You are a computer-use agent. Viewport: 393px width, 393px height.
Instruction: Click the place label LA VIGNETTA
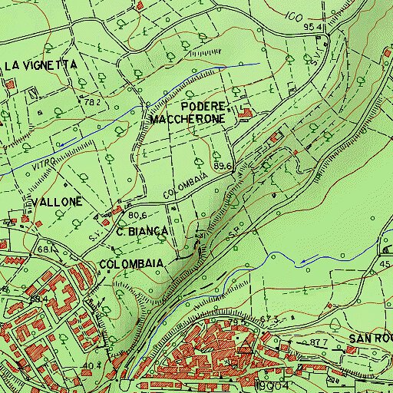pos(41,66)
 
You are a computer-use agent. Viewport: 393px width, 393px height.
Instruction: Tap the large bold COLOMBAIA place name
pos(131,263)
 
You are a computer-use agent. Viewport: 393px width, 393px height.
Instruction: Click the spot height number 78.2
pos(93,102)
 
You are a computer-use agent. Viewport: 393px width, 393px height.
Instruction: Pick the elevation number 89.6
pos(223,166)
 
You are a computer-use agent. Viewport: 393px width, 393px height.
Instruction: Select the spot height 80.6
pos(137,216)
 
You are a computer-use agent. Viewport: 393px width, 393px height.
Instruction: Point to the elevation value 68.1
pos(47,250)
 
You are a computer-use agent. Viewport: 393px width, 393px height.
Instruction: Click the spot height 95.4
pos(311,27)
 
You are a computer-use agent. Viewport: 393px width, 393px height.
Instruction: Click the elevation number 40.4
pos(91,365)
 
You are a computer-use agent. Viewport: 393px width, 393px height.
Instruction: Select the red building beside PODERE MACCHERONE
pos(245,115)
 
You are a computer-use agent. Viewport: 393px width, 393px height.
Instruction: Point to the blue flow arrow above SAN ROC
pos(305,261)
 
